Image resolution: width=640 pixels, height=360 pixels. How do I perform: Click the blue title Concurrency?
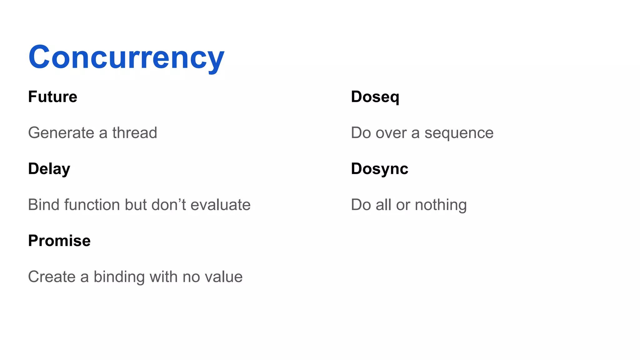coord(126,57)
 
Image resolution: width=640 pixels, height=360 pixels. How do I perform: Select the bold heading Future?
coord(52,97)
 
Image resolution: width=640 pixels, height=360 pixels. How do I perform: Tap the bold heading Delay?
coord(49,169)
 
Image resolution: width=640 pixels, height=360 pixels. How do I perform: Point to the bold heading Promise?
coord(59,241)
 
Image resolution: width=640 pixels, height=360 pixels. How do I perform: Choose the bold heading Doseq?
coord(375,97)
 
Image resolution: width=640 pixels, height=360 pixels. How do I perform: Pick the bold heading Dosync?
coord(379,169)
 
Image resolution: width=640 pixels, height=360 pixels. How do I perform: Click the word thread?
coord(135,133)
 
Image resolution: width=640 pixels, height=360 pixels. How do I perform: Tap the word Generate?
coord(61,133)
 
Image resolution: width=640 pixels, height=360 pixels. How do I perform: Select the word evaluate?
coord(220,205)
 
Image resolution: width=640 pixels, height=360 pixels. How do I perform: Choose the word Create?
coord(52,277)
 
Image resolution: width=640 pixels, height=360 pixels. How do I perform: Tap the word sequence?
coord(459,133)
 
